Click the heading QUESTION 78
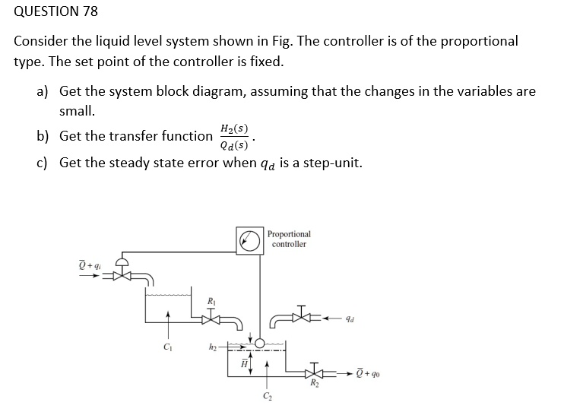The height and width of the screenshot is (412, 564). [x=56, y=11]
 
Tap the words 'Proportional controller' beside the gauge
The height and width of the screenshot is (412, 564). [x=289, y=239]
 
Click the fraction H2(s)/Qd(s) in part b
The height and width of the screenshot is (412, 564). [x=233, y=137]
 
